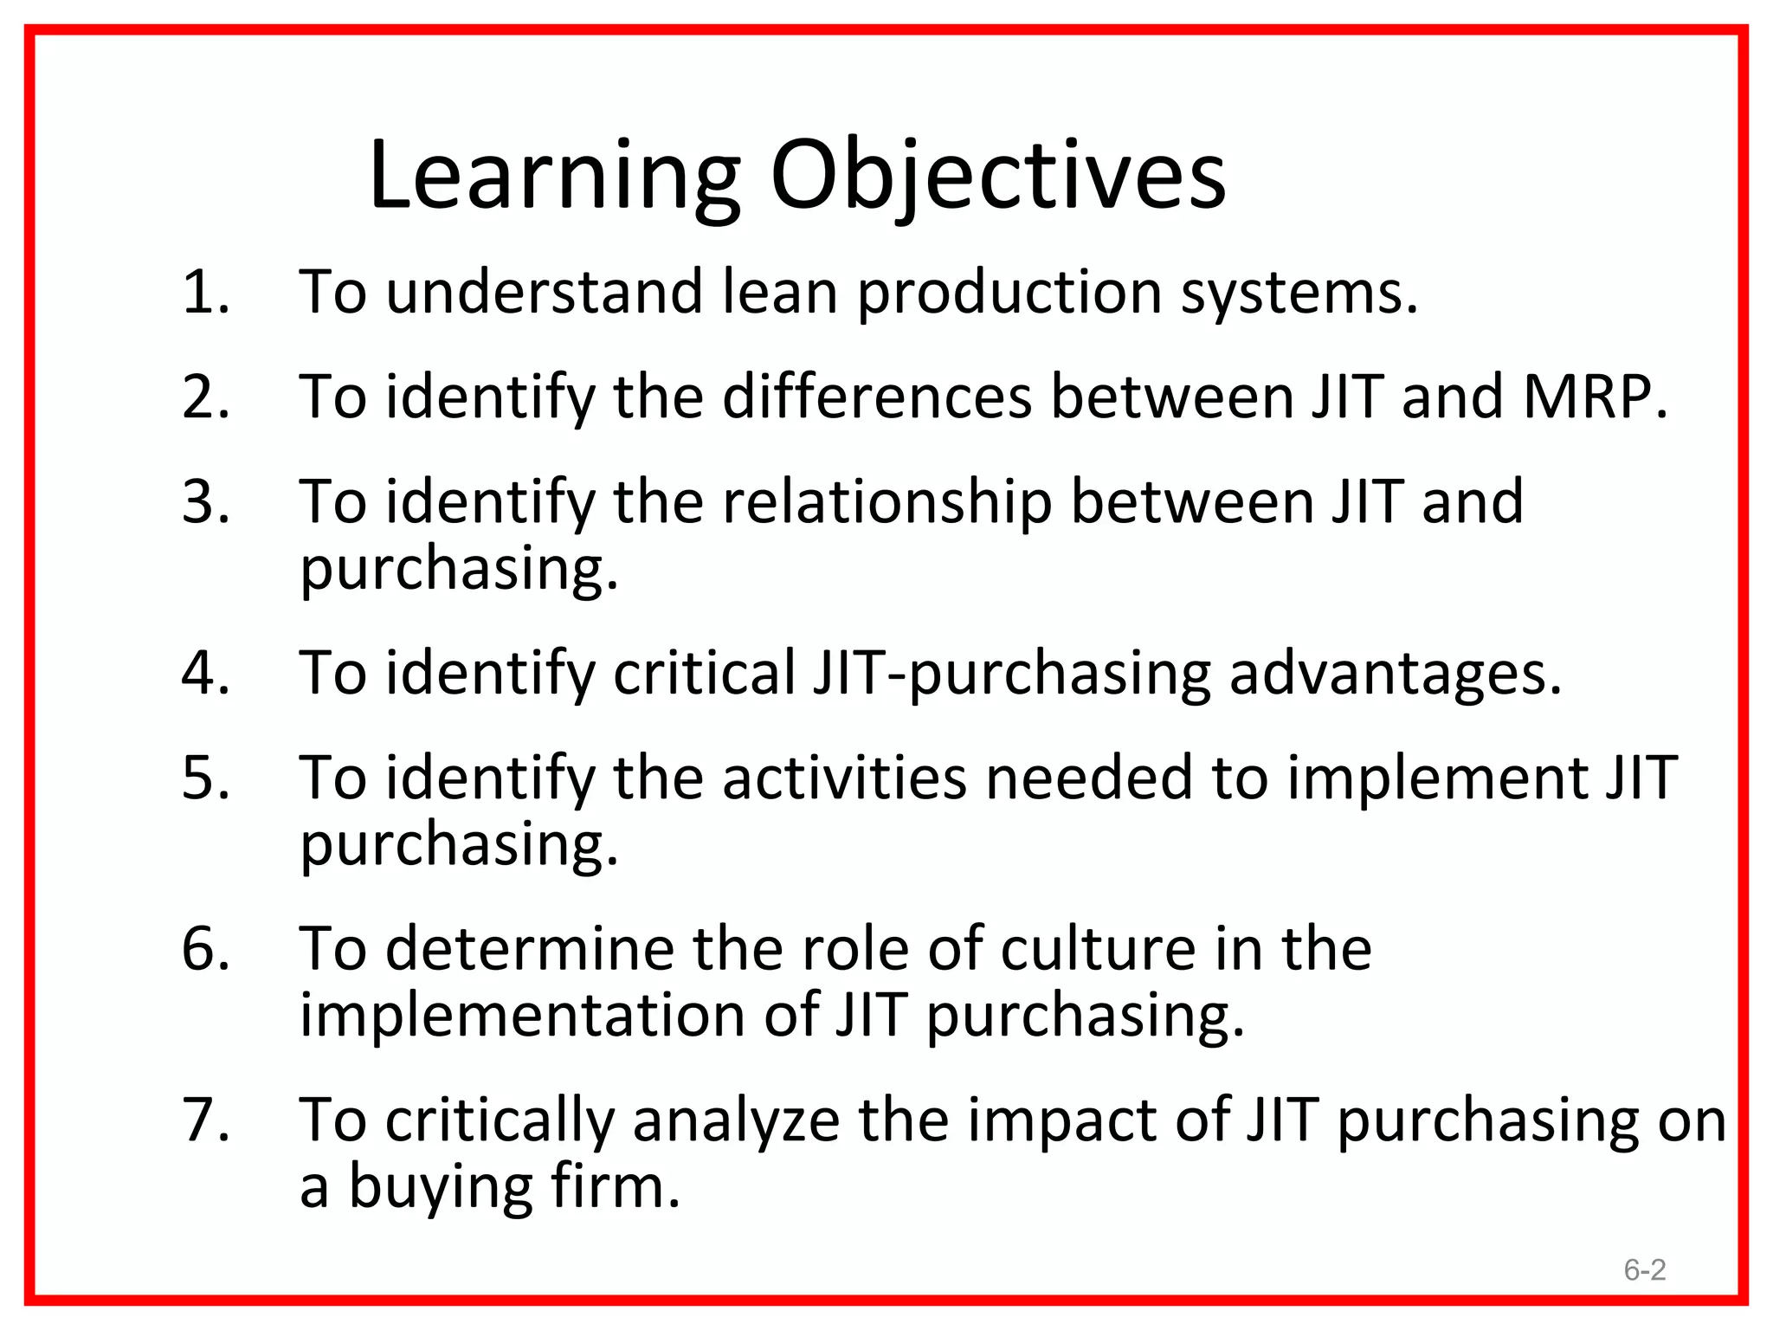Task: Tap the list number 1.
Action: [x=205, y=292]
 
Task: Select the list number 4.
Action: [x=205, y=673]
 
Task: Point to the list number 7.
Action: [x=205, y=1120]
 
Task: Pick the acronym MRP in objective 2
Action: [x=1594, y=397]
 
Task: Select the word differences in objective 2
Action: [x=876, y=397]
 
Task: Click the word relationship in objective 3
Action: [x=886, y=502]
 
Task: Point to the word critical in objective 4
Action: [x=704, y=673]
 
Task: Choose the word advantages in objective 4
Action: [x=1395, y=675]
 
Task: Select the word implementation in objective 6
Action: [x=522, y=1015]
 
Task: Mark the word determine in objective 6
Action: [x=529, y=948]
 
